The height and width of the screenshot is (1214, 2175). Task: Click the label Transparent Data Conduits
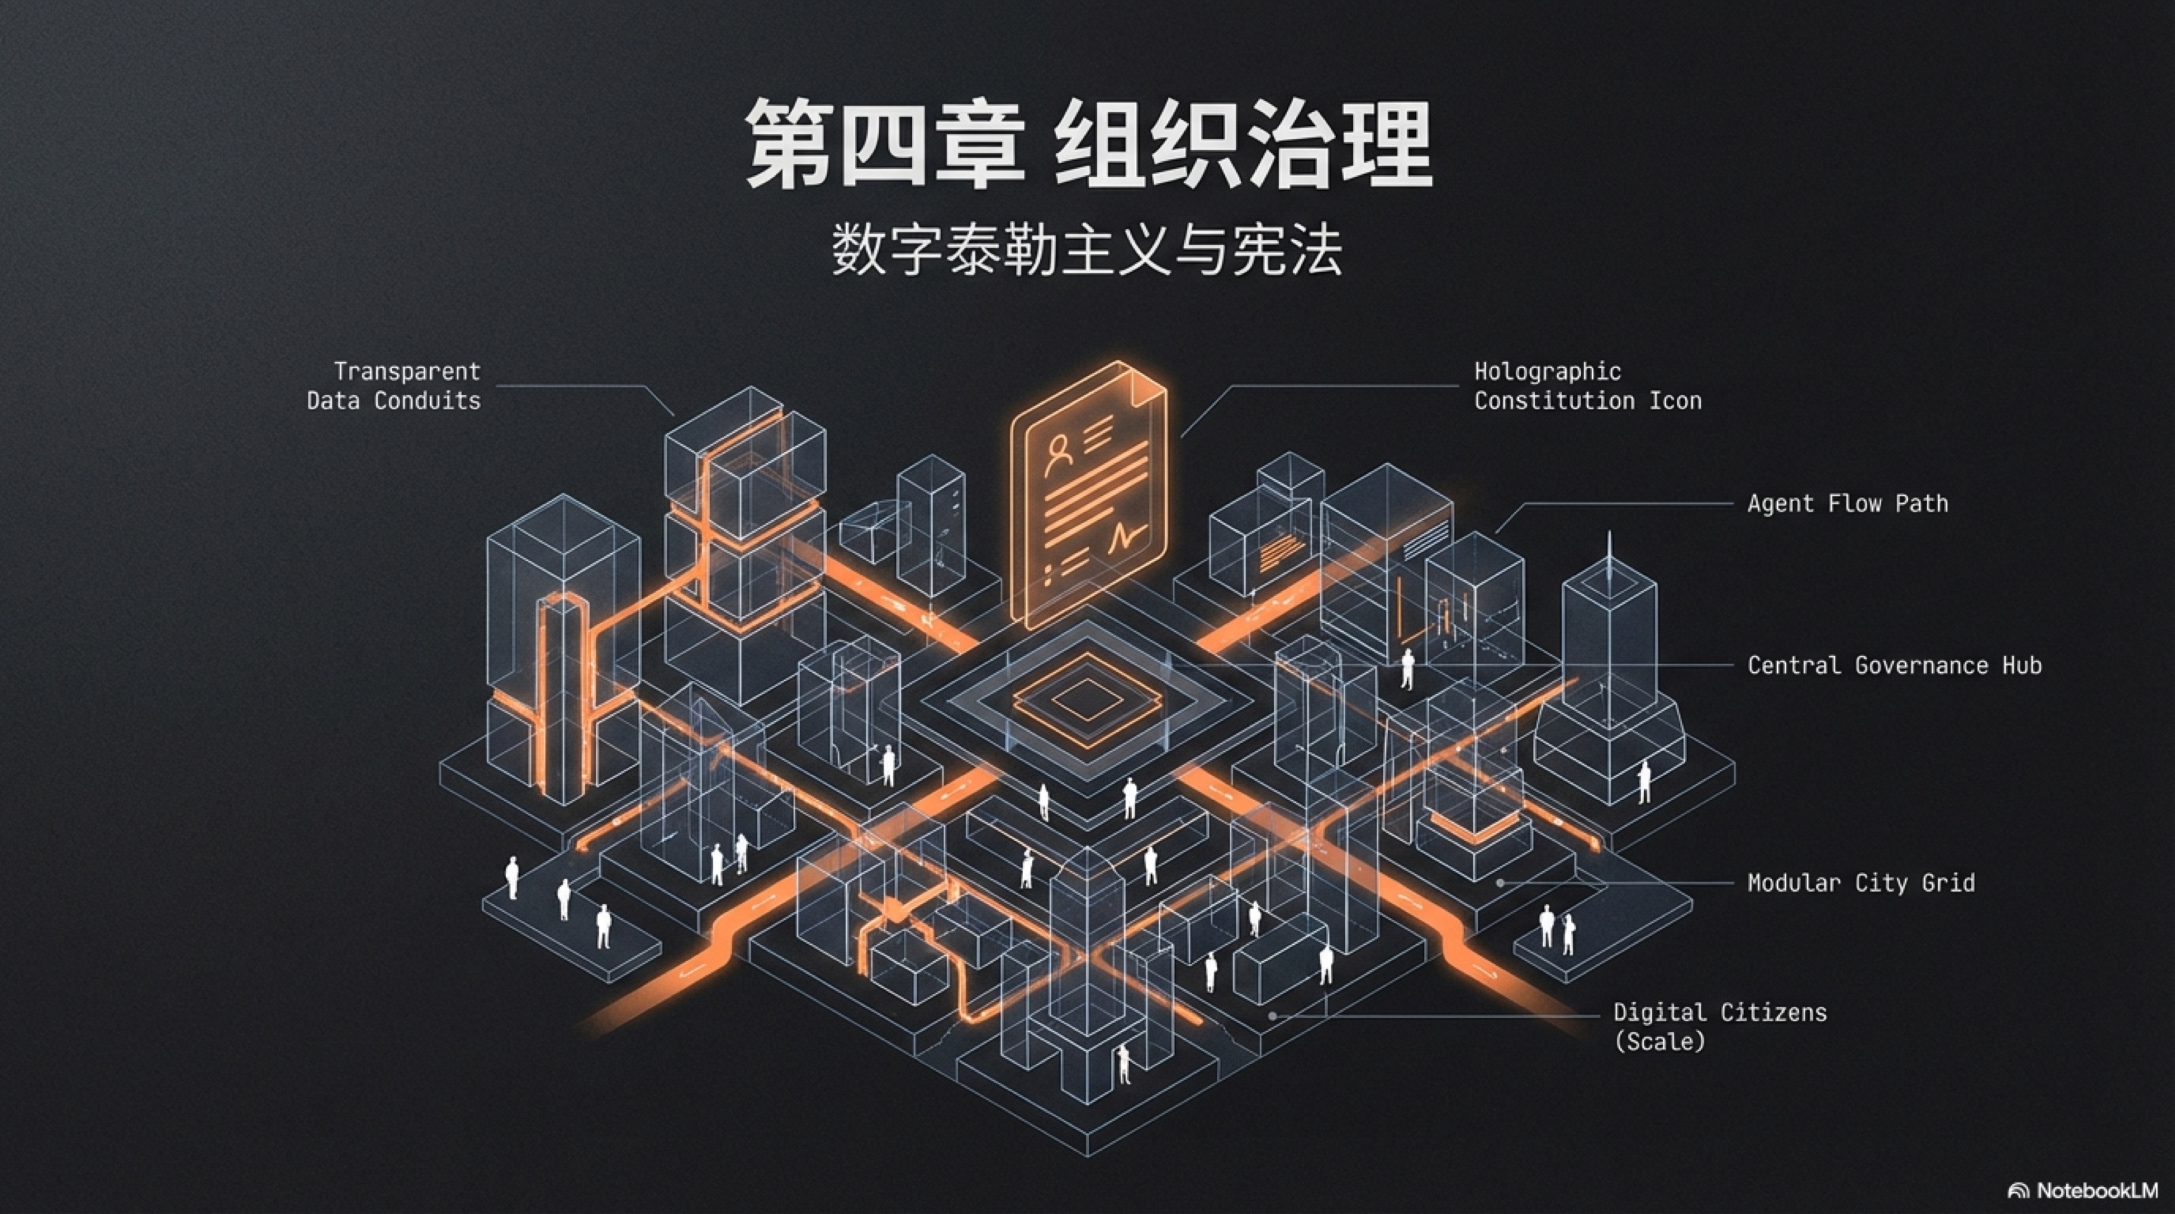(x=394, y=386)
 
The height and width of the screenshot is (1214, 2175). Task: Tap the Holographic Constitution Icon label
(x=1587, y=386)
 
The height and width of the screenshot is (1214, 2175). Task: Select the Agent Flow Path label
(x=1847, y=504)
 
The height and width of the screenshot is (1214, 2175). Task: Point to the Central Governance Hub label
(x=1894, y=666)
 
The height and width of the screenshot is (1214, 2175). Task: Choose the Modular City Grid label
(x=1861, y=883)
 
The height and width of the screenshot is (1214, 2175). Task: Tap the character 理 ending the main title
(x=1386, y=143)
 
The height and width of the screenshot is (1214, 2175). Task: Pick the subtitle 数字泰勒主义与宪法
(x=1087, y=250)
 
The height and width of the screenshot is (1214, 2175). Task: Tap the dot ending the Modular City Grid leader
(x=1501, y=883)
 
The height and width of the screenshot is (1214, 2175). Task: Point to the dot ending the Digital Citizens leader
(x=1273, y=1017)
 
